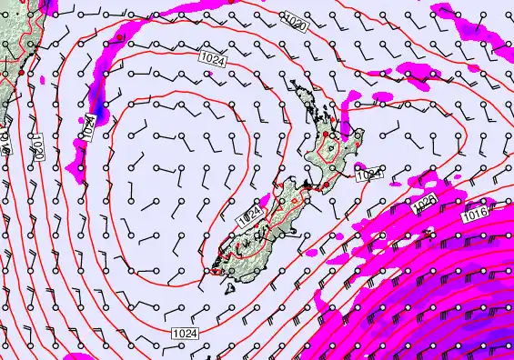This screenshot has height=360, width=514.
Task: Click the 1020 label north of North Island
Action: tap(295, 22)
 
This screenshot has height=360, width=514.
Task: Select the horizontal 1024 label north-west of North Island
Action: tap(211, 58)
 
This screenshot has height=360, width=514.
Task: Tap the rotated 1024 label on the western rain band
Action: tap(88, 126)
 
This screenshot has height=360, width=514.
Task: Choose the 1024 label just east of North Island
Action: tap(368, 174)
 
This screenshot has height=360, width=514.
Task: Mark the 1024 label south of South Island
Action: tap(184, 335)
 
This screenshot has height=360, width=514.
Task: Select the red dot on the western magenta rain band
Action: tap(119, 38)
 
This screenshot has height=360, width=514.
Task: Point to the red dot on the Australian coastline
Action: tap(20, 71)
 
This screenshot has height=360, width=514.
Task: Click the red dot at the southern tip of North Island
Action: tap(326, 185)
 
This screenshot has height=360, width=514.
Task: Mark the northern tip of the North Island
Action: tap(293, 84)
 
